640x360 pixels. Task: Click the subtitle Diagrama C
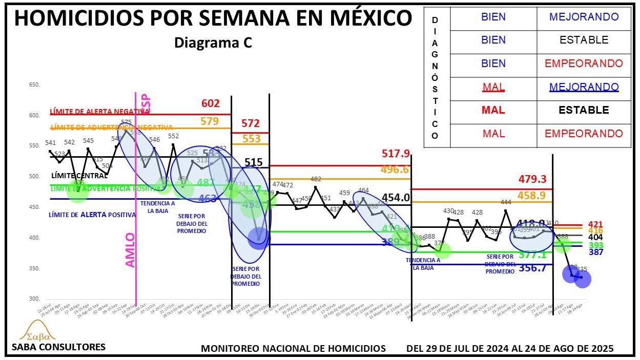click(213, 44)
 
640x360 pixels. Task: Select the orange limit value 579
click(210, 121)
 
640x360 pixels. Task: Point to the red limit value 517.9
click(396, 154)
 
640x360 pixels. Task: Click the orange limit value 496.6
click(395, 170)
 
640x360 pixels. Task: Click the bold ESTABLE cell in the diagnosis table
click(584, 110)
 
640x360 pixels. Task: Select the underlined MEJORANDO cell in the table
click(584, 87)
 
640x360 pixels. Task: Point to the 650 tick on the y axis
click(34, 84)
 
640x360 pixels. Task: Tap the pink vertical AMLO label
click(131, 249)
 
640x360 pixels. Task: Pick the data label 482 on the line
click(316, 179)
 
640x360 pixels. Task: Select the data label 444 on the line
click(506, 202)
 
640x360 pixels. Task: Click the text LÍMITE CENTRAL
click(79, 175)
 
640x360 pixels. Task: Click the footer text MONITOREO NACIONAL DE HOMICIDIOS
click(293, 348)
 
